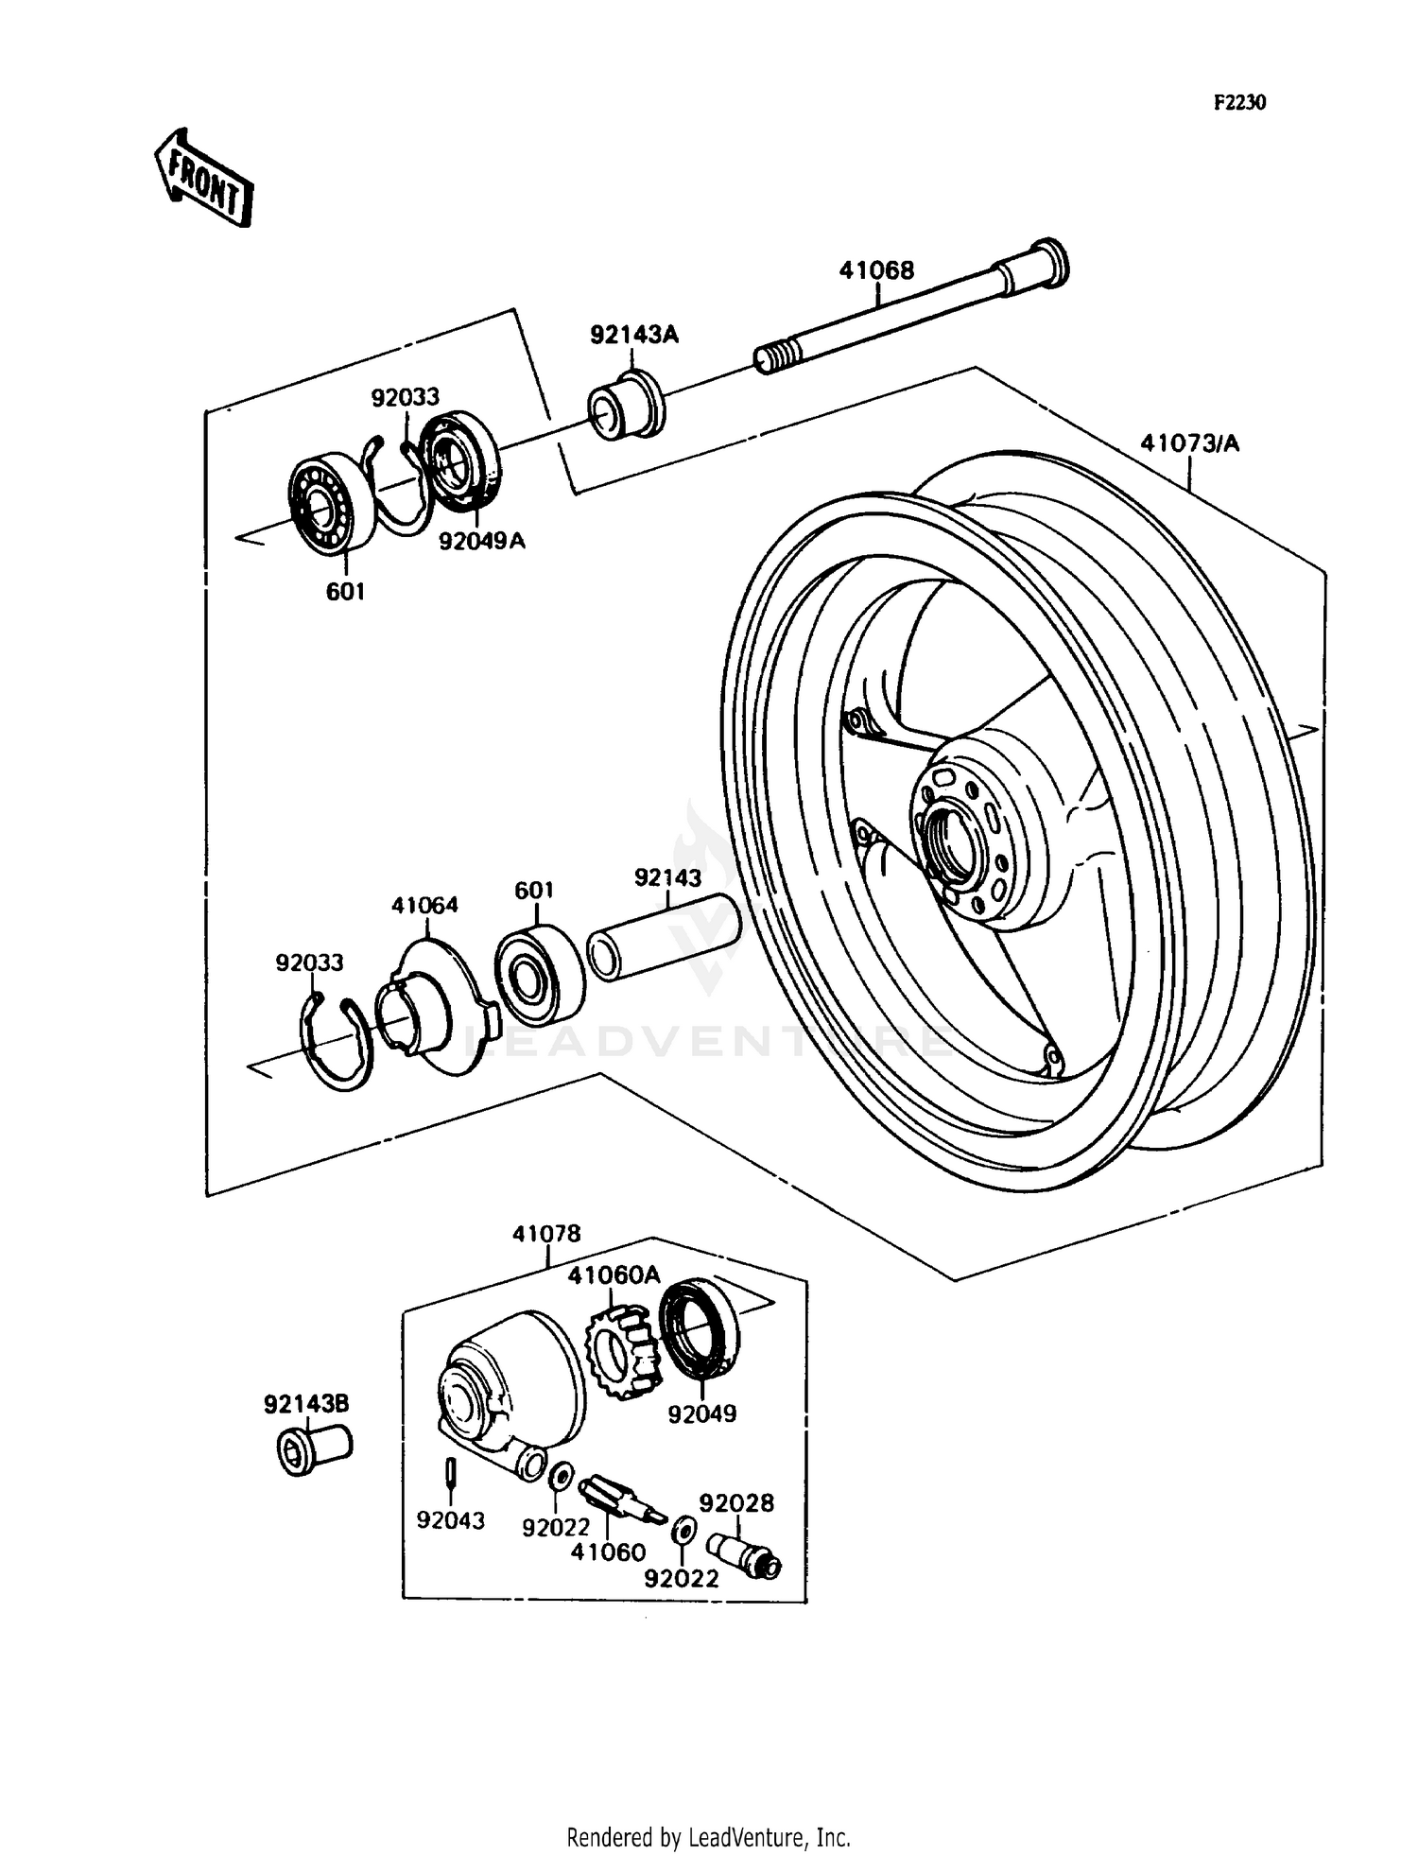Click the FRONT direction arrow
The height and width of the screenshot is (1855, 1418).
(x=203, y=178)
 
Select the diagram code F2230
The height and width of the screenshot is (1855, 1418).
(x=1238, y=103)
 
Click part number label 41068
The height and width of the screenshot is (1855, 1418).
(x=876, y=270)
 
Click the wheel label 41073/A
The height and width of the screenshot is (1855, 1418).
(x=1188, y=442)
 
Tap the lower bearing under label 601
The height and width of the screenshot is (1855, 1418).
(x=539, y=973)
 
